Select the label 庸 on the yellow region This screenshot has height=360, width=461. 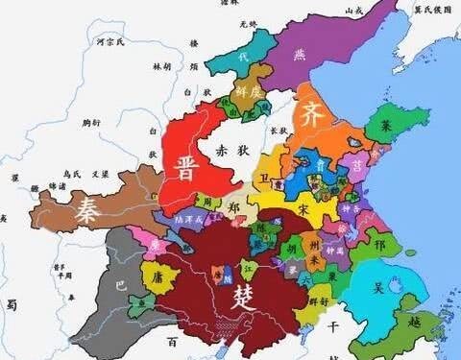159,275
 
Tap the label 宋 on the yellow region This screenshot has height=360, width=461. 303,207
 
